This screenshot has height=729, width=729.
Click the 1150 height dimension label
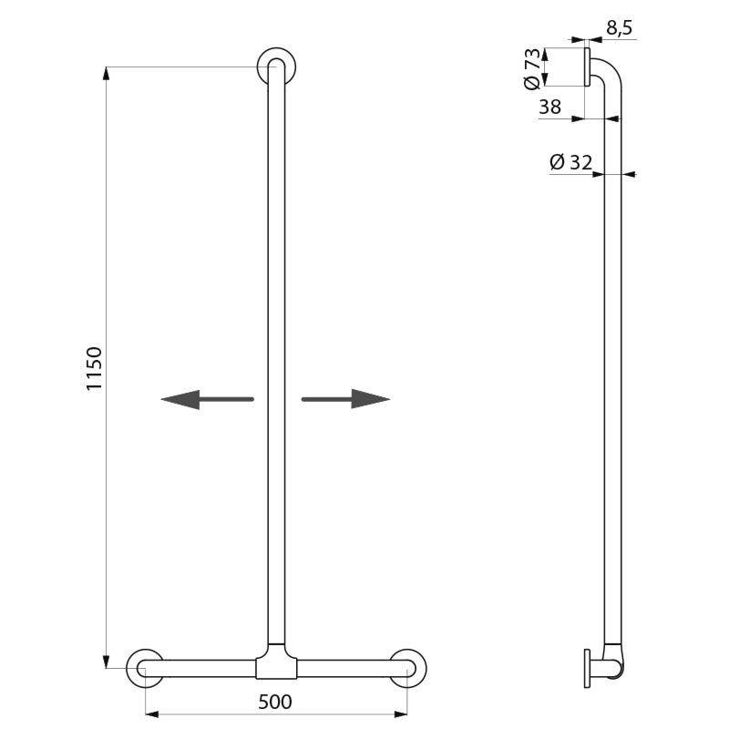coord(94,369)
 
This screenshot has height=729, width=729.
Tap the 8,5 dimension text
coord(619,29)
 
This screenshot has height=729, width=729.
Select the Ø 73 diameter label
coord(533,67)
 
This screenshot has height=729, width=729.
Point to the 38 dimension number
coord(549,107)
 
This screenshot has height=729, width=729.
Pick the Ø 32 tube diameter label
coord(571,162)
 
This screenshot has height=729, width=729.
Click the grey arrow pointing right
coord(345,399)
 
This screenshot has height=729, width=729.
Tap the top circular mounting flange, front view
coord(275,67)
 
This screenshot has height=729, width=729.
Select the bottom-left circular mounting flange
coord(145,668)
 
